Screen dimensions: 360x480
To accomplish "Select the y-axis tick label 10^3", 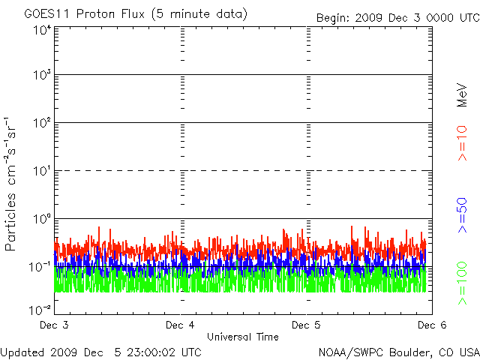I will click(x=41, y=76).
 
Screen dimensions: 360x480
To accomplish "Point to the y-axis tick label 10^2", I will click(x=41, y=124).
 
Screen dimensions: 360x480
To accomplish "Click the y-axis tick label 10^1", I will click(x=41, y=172).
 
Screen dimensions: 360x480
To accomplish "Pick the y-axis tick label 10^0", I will click(x=41, y=220).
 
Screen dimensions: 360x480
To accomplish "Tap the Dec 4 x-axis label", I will click(x=180, y=325).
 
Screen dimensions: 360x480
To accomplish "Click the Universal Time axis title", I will click(x=242, y=337).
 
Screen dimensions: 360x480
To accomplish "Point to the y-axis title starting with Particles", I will click(x=13, y=184).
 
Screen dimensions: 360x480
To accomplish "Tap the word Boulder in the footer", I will click(x=409, y=351).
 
